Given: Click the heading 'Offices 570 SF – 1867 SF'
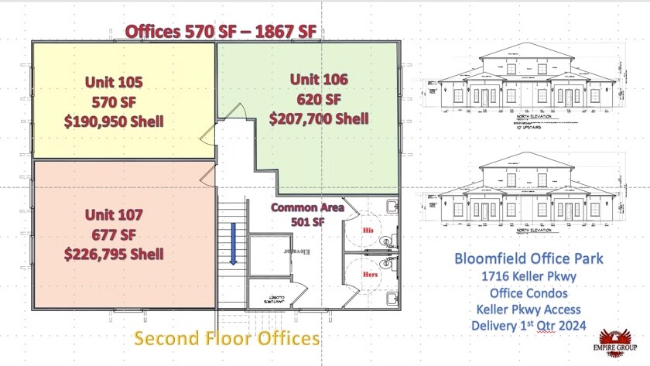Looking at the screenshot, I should click(221, 31).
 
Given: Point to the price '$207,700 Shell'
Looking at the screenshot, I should click(318, 119).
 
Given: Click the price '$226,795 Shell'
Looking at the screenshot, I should click(114, 254).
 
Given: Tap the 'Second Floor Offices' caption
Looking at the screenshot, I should click(227, 338).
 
